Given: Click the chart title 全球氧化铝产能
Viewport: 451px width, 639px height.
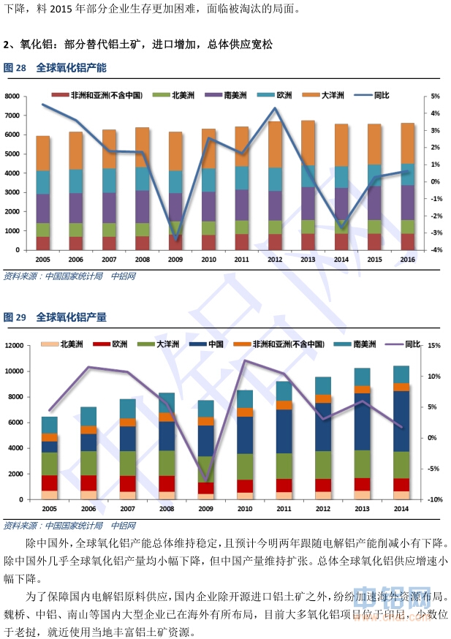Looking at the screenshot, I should click(70, 67).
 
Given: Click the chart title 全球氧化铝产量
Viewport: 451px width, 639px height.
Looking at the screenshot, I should click(70, 317).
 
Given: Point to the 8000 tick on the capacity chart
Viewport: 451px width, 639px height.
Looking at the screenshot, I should click(12, 97).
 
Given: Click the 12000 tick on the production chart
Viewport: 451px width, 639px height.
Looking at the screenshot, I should click(15, 345).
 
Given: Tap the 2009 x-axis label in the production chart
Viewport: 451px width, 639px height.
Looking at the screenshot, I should click(205, 508).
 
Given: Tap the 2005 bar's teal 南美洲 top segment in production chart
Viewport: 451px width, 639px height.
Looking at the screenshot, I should click(49, 425).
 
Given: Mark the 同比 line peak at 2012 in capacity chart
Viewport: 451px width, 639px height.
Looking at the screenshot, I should click(274, 108).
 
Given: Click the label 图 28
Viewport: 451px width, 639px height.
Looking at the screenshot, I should click(15, 67).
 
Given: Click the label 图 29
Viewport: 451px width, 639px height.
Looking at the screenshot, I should click(15, 317).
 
